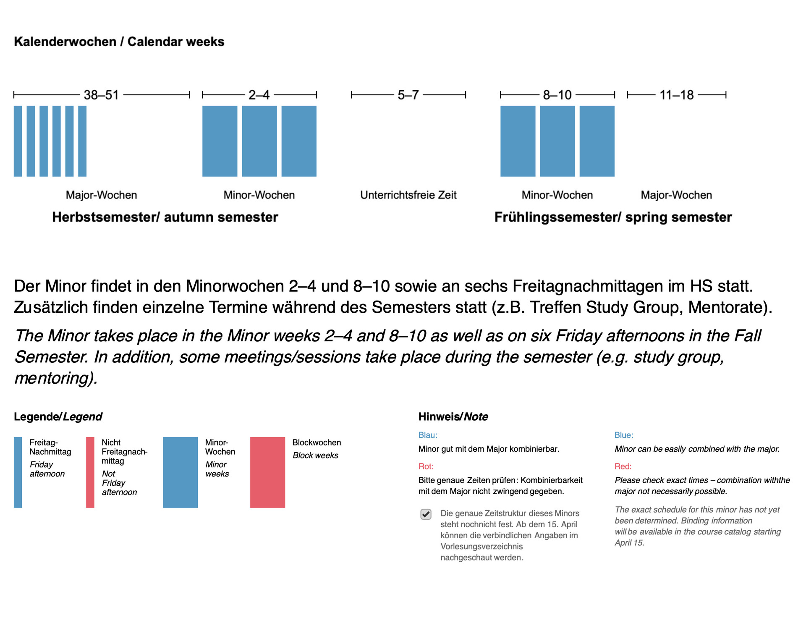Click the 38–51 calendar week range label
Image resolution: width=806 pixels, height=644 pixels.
point(101,95)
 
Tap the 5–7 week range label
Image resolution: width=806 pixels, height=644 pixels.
point(408,95)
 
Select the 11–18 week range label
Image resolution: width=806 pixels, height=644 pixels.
point(676,95)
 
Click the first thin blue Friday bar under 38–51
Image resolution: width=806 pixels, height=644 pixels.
point(18,141)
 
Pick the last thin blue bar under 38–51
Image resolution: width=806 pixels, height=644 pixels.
point(82,141)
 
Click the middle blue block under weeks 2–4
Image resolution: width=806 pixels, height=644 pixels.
point(259,141)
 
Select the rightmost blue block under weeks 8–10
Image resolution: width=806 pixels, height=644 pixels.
point(597,141)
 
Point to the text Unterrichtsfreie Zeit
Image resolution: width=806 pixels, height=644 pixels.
point(408,195)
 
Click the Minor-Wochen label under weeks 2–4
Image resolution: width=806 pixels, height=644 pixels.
point(259,195)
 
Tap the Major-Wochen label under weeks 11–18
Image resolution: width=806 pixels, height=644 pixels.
point(676,195)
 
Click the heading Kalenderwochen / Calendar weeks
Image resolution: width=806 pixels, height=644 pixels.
point(119,42)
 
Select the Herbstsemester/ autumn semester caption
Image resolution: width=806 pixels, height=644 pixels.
point(165,217)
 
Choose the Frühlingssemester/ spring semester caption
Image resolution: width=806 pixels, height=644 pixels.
point(613,217)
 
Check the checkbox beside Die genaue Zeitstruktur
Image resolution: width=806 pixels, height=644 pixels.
point(426,514)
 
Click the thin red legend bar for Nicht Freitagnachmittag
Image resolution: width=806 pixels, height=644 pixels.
point(90,472)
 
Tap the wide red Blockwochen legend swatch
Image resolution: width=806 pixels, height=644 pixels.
point(267,472)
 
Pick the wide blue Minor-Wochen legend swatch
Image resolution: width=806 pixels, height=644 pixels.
point(180,472)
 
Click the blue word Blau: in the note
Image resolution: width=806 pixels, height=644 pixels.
point(428,435)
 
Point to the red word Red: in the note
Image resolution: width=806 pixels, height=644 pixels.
point(623,466)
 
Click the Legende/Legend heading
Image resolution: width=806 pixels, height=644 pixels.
point(58,416)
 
